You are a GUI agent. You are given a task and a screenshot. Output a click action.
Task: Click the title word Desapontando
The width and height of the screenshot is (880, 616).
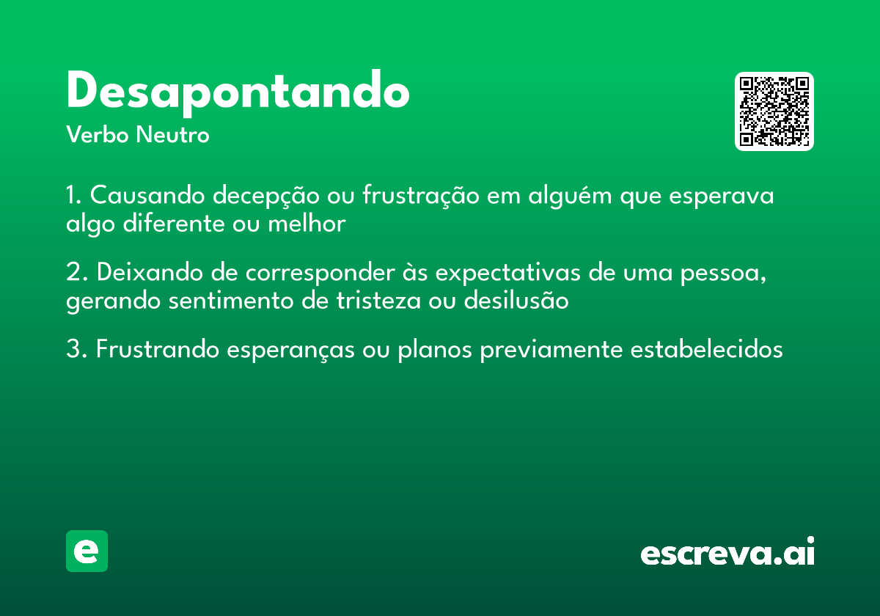coord(238,91)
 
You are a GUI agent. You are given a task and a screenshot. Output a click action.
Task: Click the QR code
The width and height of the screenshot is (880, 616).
coord(774,111)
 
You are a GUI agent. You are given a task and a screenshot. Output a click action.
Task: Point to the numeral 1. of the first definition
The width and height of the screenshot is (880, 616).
coord(73,197)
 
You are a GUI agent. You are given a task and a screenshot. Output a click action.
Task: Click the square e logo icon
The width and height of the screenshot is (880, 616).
coord(87,551)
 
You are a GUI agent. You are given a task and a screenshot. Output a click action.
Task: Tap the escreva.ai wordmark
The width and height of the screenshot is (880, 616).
coord(727,552)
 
